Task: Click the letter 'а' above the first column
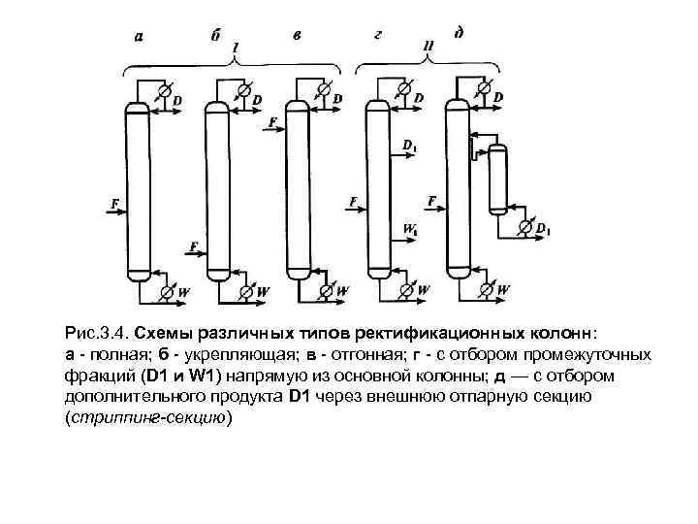pos(140,38)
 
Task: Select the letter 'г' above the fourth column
pos(378,35)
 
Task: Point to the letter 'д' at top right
pos(458,33)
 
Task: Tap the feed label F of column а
pos(114,203)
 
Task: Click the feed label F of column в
pos(273,121)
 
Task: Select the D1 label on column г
pos(409,147)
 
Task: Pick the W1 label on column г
pos(409,230)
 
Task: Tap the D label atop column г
pos(418,98)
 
